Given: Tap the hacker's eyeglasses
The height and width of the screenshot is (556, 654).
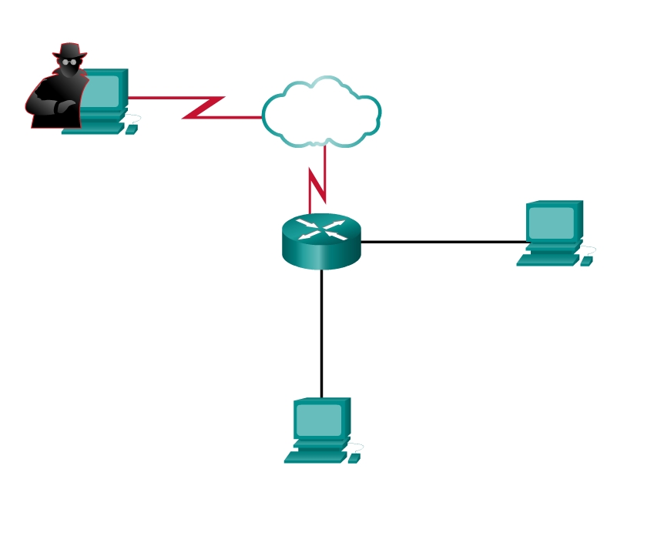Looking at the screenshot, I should click(69, 61).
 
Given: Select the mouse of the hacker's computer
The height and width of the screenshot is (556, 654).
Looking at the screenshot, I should click(131, 129).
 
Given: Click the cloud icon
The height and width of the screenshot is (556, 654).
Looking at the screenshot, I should click(321, 114).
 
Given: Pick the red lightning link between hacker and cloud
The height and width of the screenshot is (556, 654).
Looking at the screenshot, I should click(202, 107).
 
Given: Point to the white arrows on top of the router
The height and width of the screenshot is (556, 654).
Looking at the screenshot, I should click(321, 229).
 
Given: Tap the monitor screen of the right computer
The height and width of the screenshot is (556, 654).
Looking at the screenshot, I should click(551, 223).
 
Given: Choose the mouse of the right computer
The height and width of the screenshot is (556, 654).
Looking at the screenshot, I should click(586, 261).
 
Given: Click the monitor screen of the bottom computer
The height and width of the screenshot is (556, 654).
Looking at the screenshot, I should click(318, 420).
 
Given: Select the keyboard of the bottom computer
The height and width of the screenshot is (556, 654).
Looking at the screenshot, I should click(314, 457).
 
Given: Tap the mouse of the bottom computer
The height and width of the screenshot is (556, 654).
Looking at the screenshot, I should click(354, 458).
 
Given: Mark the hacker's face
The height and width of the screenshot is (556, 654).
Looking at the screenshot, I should click(69, 66).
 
